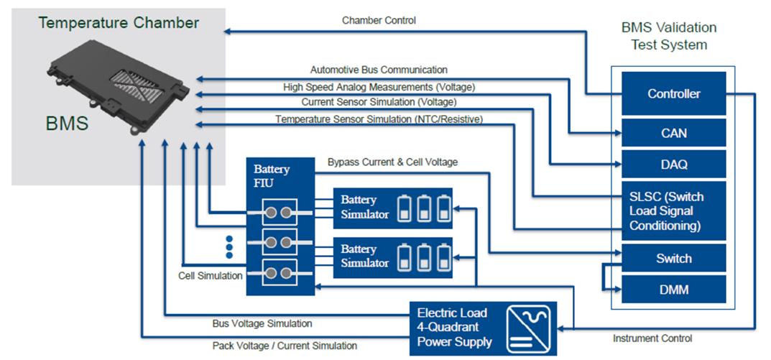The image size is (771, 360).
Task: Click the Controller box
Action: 673,93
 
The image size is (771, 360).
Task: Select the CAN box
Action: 673,133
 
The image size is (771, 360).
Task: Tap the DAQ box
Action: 673,165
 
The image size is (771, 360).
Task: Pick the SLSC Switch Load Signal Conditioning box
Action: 673,211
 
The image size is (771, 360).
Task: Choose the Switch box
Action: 673,258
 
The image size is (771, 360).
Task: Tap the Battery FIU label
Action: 272,175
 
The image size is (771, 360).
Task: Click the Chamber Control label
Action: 379,20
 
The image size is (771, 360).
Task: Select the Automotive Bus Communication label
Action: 379,70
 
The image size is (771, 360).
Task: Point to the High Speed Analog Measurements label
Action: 379,87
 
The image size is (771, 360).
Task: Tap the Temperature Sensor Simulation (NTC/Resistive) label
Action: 379,119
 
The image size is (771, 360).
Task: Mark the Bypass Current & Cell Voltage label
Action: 392,162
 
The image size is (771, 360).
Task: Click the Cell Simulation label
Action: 210,276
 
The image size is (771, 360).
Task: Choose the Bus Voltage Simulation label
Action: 262,323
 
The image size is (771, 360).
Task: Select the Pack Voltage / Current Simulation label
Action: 285,346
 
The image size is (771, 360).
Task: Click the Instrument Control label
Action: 652,338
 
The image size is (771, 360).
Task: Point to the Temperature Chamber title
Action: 119,22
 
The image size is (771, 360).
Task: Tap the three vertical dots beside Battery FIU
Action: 229,246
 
